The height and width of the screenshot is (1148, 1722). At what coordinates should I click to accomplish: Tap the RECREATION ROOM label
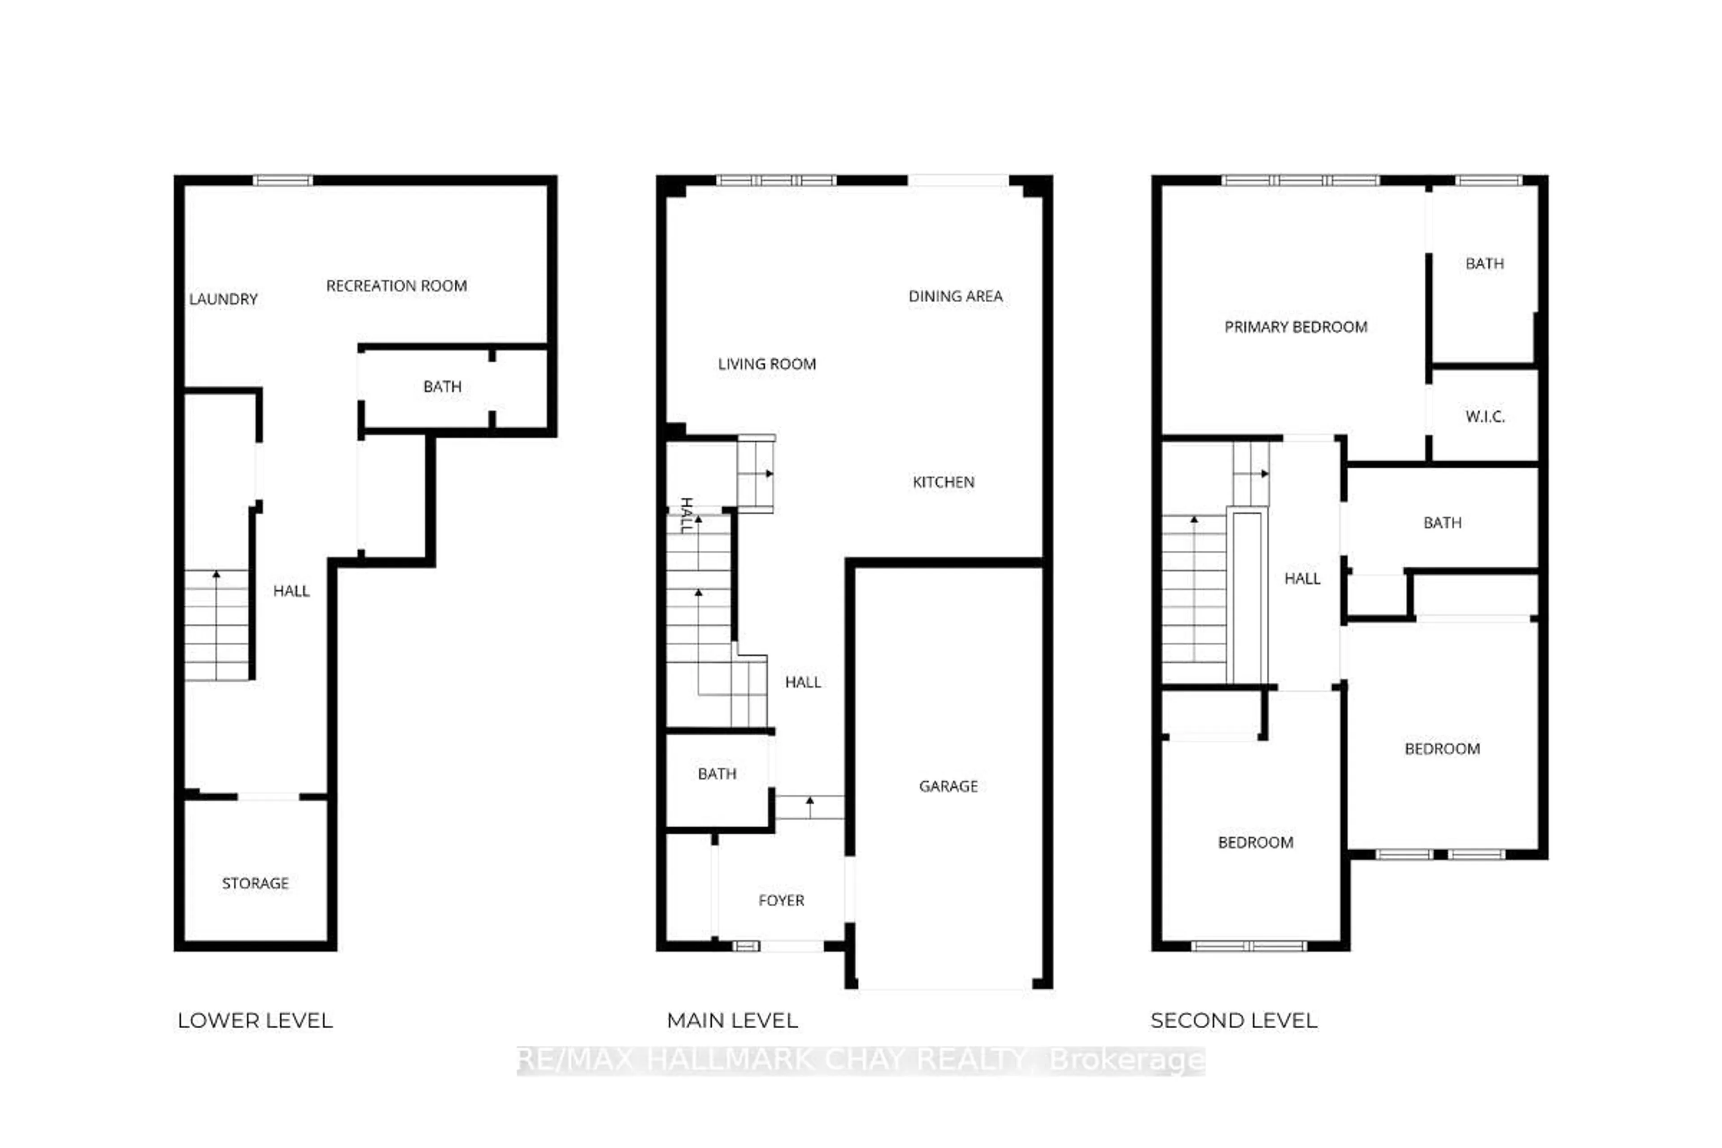coord(396,286)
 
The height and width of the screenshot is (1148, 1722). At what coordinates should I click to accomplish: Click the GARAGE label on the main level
coord(948,786)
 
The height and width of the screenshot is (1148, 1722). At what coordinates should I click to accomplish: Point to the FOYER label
coord(781,900)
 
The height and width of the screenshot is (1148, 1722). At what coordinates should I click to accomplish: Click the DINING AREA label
coord(956,296)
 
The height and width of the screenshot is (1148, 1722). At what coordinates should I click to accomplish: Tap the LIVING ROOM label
coord(766,364)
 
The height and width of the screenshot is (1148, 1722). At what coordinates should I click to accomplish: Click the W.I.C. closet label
coord(1485,417)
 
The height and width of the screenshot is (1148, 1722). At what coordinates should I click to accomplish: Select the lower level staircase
coord(216,625)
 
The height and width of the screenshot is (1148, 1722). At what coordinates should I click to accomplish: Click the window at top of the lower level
coord(283,180)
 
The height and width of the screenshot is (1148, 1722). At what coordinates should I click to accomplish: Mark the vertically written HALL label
coord(687,515)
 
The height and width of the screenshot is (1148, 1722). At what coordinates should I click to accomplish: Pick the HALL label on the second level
coord(1302,578)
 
